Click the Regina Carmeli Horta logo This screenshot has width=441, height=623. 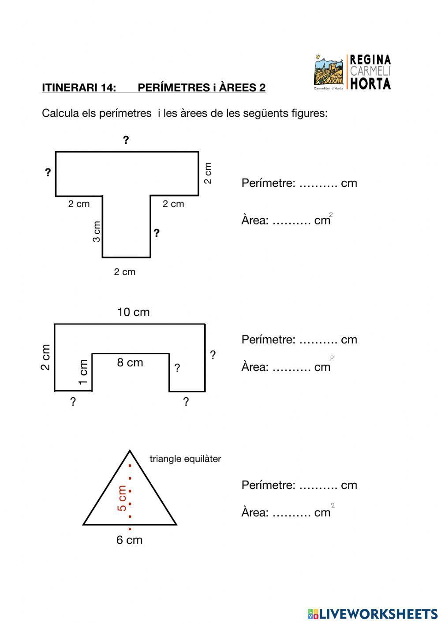pyautogui.click(x=352, y=72)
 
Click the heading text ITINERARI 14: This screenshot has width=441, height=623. pyautogui.click(x=79, y=88)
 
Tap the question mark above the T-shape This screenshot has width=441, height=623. pyautogui.click(x=126, y=140)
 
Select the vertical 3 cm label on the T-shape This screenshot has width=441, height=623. pyautogui.click(x=97, y=231)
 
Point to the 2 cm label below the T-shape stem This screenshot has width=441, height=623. pyautogui.click(x=124, y=272)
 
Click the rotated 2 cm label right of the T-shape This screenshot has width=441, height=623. pyautogui.click(x=208, y=173)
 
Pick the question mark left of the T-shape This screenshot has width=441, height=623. pyautogui.click(x=48, y=172)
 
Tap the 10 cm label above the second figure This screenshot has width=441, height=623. pyautogui.click(x=133, y=312)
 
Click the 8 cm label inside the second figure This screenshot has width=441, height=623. pyautogui.click(x=130, y=362)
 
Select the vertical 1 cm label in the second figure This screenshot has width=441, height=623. pyautogui.click(x=83, y=372)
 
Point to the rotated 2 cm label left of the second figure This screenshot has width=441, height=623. pyautogui.click(x=45, y=357)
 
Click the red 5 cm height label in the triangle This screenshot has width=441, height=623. pyautogui.click(x=122, y=498)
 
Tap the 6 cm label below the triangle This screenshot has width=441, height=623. pyautogui.click(x=129, y=540)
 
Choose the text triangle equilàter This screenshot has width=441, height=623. pyautogui.click(x=185, y=459)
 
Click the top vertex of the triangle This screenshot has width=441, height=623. pyautogui.click(x=130, y=451)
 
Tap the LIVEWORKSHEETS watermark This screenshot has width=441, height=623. pyautogui.click(x=373, y=614)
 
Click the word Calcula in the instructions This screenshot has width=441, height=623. pyautogui.click(x=60, y=113)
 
